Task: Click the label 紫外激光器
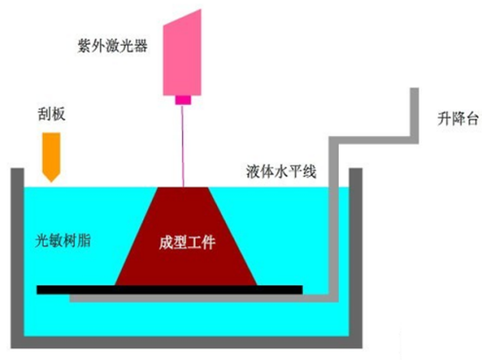click(113, 46)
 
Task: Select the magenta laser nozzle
click(183, 100)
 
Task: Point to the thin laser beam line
click(182, 146)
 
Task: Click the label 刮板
click(52, 114)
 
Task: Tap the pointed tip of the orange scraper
click(52, 182)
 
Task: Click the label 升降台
click(458, 119)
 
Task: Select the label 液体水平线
click(281, 171)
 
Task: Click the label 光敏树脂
click(63, 240)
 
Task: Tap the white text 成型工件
click(187, 242)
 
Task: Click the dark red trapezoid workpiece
click(186, 236)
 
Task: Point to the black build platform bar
click(169, 290)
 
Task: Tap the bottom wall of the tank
click(187, 342)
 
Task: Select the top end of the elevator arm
click(414, 89)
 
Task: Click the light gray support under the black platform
click(204, 299)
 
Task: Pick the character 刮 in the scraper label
click(45, 114)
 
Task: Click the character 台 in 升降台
click(472, 119)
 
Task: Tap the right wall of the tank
click(355, 258)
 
